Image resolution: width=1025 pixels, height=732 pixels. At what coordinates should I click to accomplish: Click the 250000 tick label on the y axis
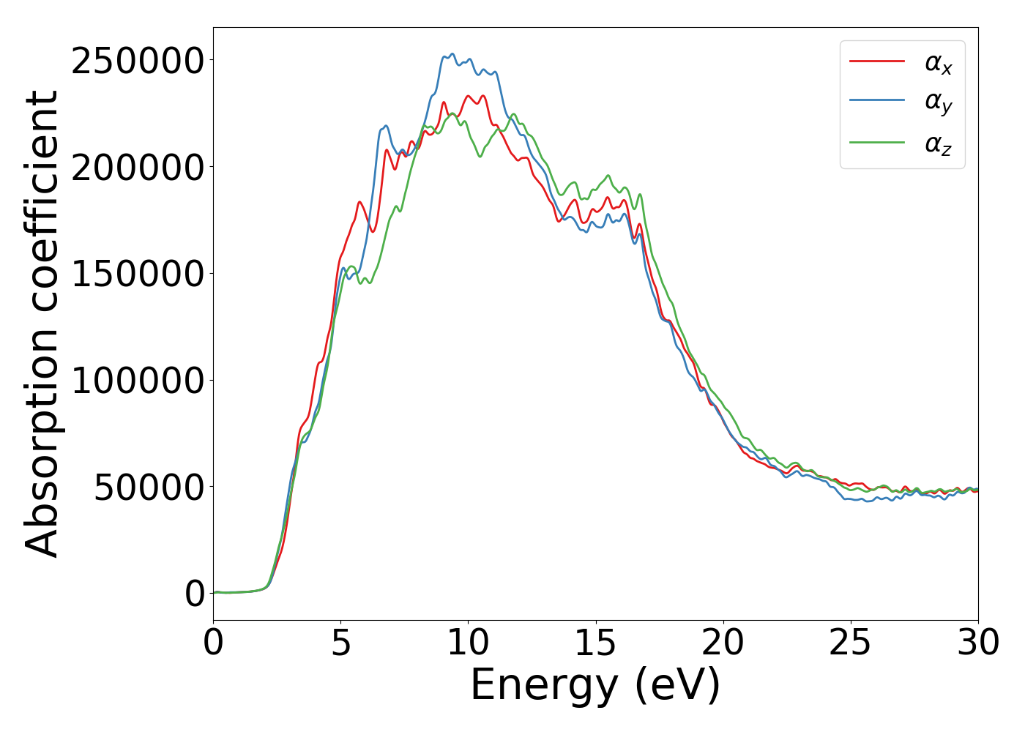click(x=137, y=61)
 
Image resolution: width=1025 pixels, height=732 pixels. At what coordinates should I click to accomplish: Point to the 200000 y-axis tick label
click(x=137, y=168)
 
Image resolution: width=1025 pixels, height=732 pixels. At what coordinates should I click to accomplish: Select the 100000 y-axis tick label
click(x=137, y=381)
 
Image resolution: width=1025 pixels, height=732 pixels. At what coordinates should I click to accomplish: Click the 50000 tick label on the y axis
click(x=149, y=488)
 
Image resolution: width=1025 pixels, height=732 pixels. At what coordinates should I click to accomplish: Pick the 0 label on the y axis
click(x=195, y=594)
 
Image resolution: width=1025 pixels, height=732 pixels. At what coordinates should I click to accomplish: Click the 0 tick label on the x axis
click(x=214, y=643)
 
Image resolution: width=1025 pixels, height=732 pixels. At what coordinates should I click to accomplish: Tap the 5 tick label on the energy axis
click(x=341, y=643)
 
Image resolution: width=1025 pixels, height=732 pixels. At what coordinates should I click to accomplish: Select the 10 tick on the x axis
click(x=469, y=643)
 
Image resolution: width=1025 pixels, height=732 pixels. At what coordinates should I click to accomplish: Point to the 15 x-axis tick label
click(x=596, y=643)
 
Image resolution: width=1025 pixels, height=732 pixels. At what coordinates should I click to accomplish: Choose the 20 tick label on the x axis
click(x=723, y=643)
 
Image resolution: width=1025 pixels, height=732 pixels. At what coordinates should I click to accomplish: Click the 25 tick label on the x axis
click(x=851, y=643)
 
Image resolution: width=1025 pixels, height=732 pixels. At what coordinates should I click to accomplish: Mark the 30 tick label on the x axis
click(x=978, y=643)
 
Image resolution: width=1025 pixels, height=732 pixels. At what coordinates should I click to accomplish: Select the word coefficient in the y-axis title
click(x=42, y=201)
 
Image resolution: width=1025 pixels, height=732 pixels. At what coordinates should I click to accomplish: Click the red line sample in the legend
click(x=876, y=61)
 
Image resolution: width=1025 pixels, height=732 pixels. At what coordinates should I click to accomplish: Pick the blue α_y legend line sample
click(x=876, y=102)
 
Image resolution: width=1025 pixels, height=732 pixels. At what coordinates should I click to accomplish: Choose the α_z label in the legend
click(x=938, y=144)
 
